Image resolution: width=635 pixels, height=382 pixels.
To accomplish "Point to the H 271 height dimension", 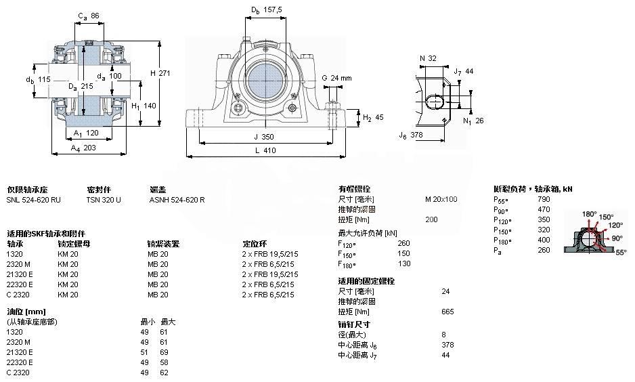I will (x=160, y=73).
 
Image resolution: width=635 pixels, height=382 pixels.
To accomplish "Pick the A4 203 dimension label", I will (x=84, y=147).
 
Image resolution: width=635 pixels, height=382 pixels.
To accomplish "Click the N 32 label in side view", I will (x=428, y=58).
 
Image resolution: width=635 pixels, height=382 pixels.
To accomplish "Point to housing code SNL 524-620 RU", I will (x=33, y=200).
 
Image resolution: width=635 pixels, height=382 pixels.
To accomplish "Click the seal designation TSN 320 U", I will (x=104, y=200).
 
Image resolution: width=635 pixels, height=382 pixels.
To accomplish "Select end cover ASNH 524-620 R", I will (x=177, y=200).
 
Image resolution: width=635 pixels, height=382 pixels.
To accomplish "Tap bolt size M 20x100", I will (x=441, y=199).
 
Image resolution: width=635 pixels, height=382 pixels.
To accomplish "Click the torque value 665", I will (x=447, y=312).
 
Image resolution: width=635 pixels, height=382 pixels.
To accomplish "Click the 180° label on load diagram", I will (x=590, y=214).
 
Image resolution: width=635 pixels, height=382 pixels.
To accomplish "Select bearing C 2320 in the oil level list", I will (x=19, y=373).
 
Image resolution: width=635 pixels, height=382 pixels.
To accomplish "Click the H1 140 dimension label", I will (x=144, y=106).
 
